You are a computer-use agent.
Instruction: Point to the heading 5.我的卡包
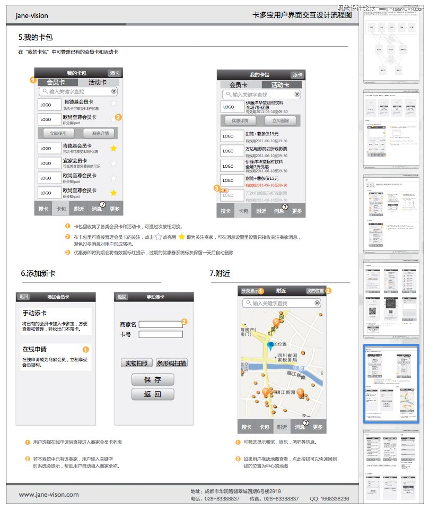(x=36, y=37)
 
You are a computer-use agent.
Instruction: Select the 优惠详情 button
(x=240, y=120)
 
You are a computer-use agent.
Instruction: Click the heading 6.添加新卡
(x=38, y=274)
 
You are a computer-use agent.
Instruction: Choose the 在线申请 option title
(x=34, y=349)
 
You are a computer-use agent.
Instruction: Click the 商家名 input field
(x=160, y=324)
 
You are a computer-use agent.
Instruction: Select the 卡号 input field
(x=160, y=334)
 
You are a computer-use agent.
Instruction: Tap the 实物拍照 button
(x=137, y=363)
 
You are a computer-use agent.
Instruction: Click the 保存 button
(x=153, y=379)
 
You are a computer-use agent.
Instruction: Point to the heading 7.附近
(x=220, y=274)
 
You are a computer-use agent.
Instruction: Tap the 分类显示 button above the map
(x=249, y=291)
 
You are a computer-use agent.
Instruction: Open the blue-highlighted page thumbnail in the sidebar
(x=392, y=384)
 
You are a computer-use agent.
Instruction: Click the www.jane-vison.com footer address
(x=49, y=495)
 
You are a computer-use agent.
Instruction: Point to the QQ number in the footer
(x=329, y=499)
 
